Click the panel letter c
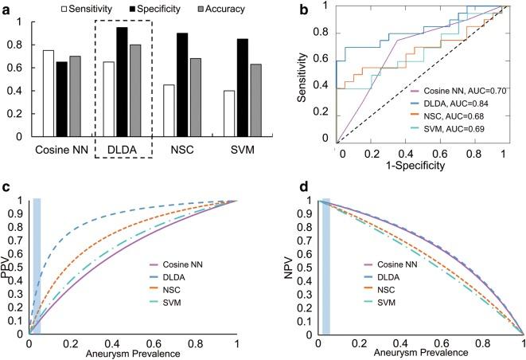(6, 187)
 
